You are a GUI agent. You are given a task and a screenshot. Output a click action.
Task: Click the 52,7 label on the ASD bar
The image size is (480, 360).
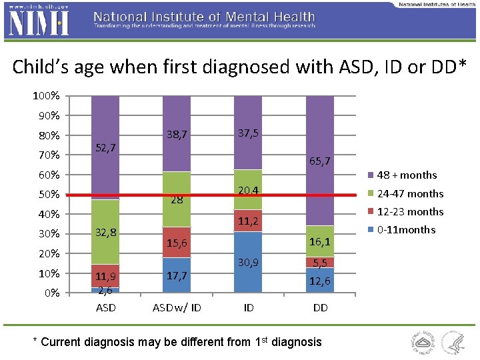coord(105,147)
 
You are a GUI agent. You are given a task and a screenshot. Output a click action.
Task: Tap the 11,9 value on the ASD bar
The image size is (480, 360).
coord(105,276)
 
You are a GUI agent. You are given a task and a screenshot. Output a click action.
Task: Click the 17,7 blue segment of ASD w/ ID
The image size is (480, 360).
coord(177,275)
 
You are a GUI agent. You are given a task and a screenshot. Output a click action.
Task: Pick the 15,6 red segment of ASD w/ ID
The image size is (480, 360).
coord(177,243)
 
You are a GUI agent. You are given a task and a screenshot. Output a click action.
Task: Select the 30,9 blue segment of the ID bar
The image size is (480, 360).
coord(247,262)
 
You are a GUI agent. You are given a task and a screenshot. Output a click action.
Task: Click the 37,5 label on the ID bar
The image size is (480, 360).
coord(247,133)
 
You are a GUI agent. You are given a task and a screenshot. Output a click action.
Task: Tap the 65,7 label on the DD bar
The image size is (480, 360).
coord(319,161)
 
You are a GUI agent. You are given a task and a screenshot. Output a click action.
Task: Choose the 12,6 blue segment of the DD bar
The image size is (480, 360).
coord(319,281)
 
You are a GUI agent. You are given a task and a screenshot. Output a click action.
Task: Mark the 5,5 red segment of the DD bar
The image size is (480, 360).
coord(319,263)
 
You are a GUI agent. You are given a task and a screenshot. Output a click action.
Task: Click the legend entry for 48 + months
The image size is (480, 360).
coord(406,175)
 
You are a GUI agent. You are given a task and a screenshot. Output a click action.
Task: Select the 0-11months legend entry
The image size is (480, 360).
coord(405,230)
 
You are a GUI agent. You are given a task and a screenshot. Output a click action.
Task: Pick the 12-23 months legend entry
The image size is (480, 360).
coord(409,212)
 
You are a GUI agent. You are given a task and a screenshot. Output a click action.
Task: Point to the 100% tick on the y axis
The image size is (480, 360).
coord(46,96)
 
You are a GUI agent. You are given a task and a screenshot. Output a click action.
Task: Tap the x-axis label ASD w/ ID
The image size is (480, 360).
coord(177,308)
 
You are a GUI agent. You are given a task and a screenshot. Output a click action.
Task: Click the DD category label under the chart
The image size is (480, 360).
coord(319,308)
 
